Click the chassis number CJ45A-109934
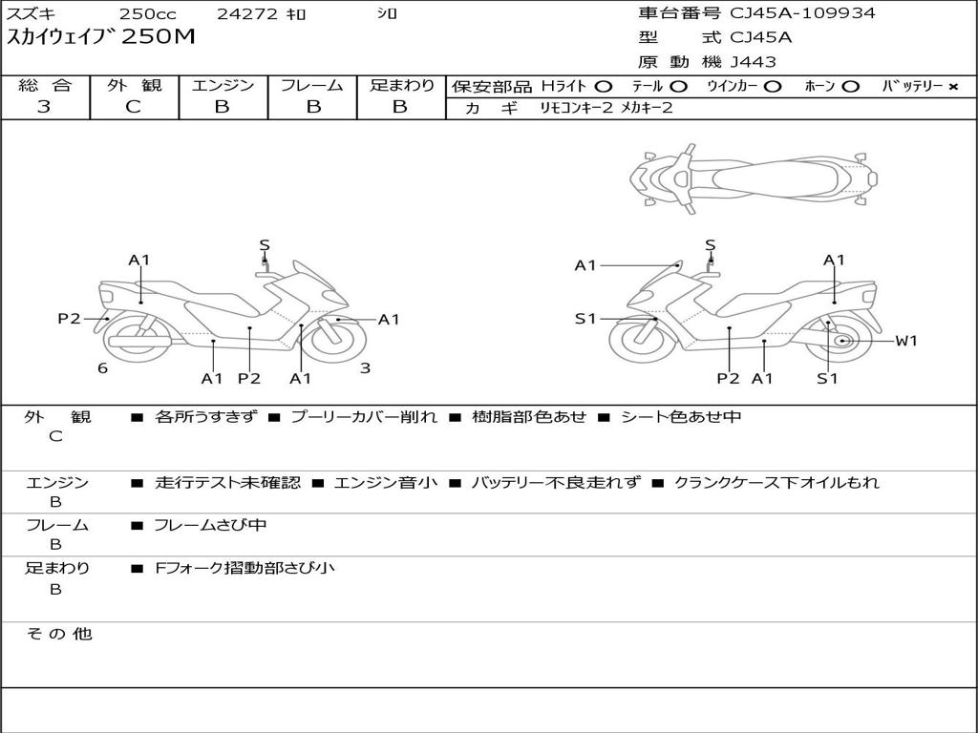pyautogui.click(x=802, y=13)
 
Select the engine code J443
pyautogui.click(x=754, y=62)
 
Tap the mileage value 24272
pyautogui.click(x=246, y=14)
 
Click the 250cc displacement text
pyautogui.click(x=147, y=14)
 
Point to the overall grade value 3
pyautogui.click(x=44, y=107)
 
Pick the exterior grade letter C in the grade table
pyautogui.click(x=134, y=107)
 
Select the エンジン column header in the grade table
pyautogui.click(x=223, y=85)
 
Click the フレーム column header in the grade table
pyautogui.click(x=311, y=85)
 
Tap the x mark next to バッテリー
pyautogui.click(x=953, y=87)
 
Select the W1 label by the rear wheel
pyautogui.click(x=905, y=341)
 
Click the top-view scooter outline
pyautogui.click(x=754, y=178)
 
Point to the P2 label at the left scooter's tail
pyautogui.click(x=69, y=319)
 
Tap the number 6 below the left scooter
pyautogui.click(x=102, y=368)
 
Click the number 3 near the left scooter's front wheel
pyautogui.click(x=365, y=368)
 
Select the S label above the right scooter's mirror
pyautogui.click(x=711, y=245)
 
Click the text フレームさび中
pyautogui.click(x=210, y=526)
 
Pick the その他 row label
pyautogui.click(x=58, y=634)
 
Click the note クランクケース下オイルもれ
pyautogui.click(x=776, y=483)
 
